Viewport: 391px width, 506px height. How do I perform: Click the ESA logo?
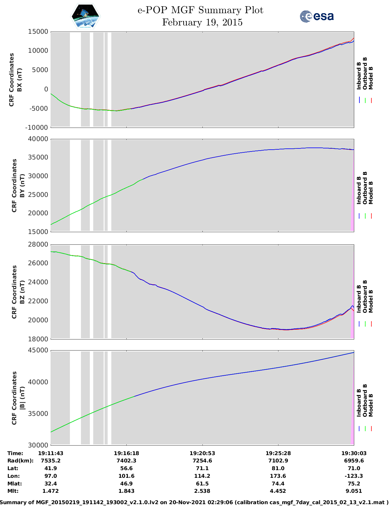point(316,16)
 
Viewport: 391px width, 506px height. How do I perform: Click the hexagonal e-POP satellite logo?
point(86,16)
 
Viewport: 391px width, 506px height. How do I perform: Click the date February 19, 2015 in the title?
point(202,22)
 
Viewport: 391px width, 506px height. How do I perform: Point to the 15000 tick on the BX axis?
point(38,32)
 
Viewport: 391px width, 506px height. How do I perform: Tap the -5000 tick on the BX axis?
point(39,109)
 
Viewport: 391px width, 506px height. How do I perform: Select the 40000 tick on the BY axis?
point(38,139)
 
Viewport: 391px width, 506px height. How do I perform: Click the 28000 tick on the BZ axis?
point(38,244)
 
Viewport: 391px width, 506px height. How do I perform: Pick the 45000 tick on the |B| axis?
point(38,350)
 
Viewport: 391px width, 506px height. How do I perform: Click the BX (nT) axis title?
point(20,80)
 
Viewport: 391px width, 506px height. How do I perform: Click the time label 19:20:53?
point(202,453)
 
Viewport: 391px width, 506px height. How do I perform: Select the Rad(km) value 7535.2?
point(51,461)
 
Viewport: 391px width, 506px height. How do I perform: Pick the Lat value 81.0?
point(278,468)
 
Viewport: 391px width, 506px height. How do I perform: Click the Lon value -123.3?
point(354,476)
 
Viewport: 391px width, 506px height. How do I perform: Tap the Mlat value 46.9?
point(126,484)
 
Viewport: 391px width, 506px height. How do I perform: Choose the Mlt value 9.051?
point(354,491)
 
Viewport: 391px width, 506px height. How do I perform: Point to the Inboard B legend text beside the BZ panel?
point(359,299)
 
